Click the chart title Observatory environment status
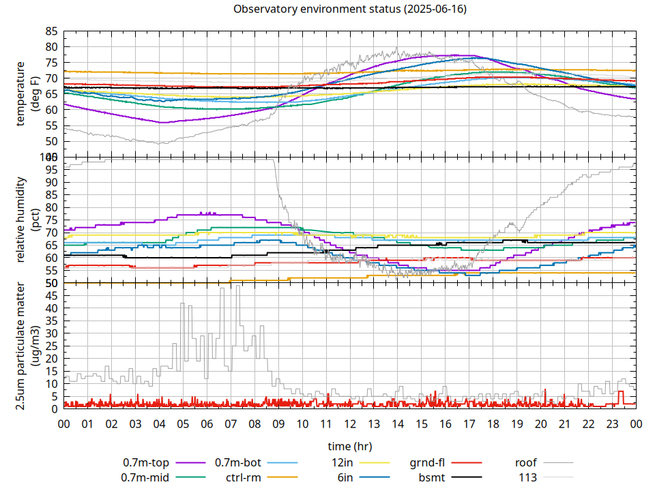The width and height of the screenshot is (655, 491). (x=350, y=10)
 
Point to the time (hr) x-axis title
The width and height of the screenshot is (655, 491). (x=350, y=447)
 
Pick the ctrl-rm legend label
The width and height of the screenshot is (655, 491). (x=244, y=477)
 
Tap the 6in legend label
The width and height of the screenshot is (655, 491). (x=345, y=477)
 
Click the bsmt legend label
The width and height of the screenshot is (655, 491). (x=432, y=477)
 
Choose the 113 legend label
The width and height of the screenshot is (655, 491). (x=528, y=477)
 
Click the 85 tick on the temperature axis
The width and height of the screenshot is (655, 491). (x=51, y=31)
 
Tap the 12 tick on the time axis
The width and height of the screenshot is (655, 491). (x=350, y=423)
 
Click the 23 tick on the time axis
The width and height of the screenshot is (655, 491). (x=612, y=423)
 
